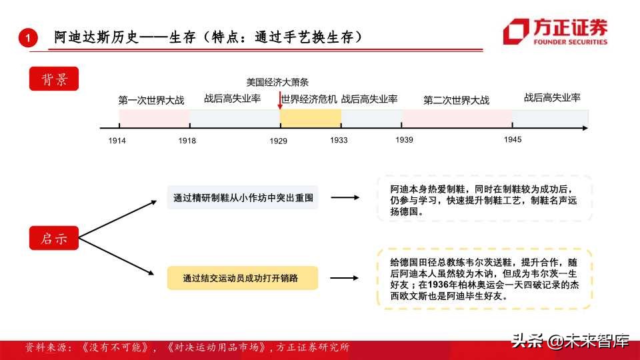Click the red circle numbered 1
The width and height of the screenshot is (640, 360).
27,38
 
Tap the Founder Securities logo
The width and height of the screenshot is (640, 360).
555,32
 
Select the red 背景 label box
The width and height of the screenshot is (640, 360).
54,79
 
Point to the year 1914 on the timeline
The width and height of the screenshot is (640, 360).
117,141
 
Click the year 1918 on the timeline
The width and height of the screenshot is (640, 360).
187,141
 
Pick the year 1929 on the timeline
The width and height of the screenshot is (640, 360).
279,141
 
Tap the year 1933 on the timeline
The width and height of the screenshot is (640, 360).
339,140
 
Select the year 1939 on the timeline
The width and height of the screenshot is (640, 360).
404,140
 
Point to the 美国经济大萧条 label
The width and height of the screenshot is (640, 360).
277,83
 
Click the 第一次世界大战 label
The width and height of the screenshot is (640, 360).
151,100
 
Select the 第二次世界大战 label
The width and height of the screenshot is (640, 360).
457,101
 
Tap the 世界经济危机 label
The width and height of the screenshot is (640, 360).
309,99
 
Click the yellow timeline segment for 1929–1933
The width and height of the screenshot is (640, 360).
310,118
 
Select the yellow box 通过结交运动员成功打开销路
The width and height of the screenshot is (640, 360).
243,278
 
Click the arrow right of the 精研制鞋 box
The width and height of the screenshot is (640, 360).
345,197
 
